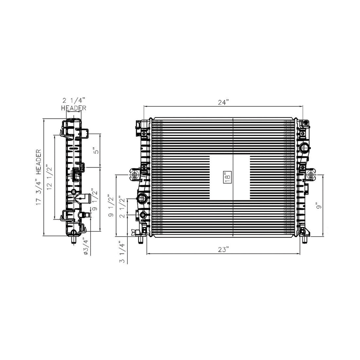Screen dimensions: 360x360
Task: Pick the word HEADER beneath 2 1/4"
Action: click(x=74, y=108)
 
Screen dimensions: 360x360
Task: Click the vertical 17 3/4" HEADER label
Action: click(x=38, y=177)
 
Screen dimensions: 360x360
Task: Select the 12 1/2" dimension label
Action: click(x=49, y=177)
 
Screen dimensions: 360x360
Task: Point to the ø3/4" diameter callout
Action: click(x=85, y=246)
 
